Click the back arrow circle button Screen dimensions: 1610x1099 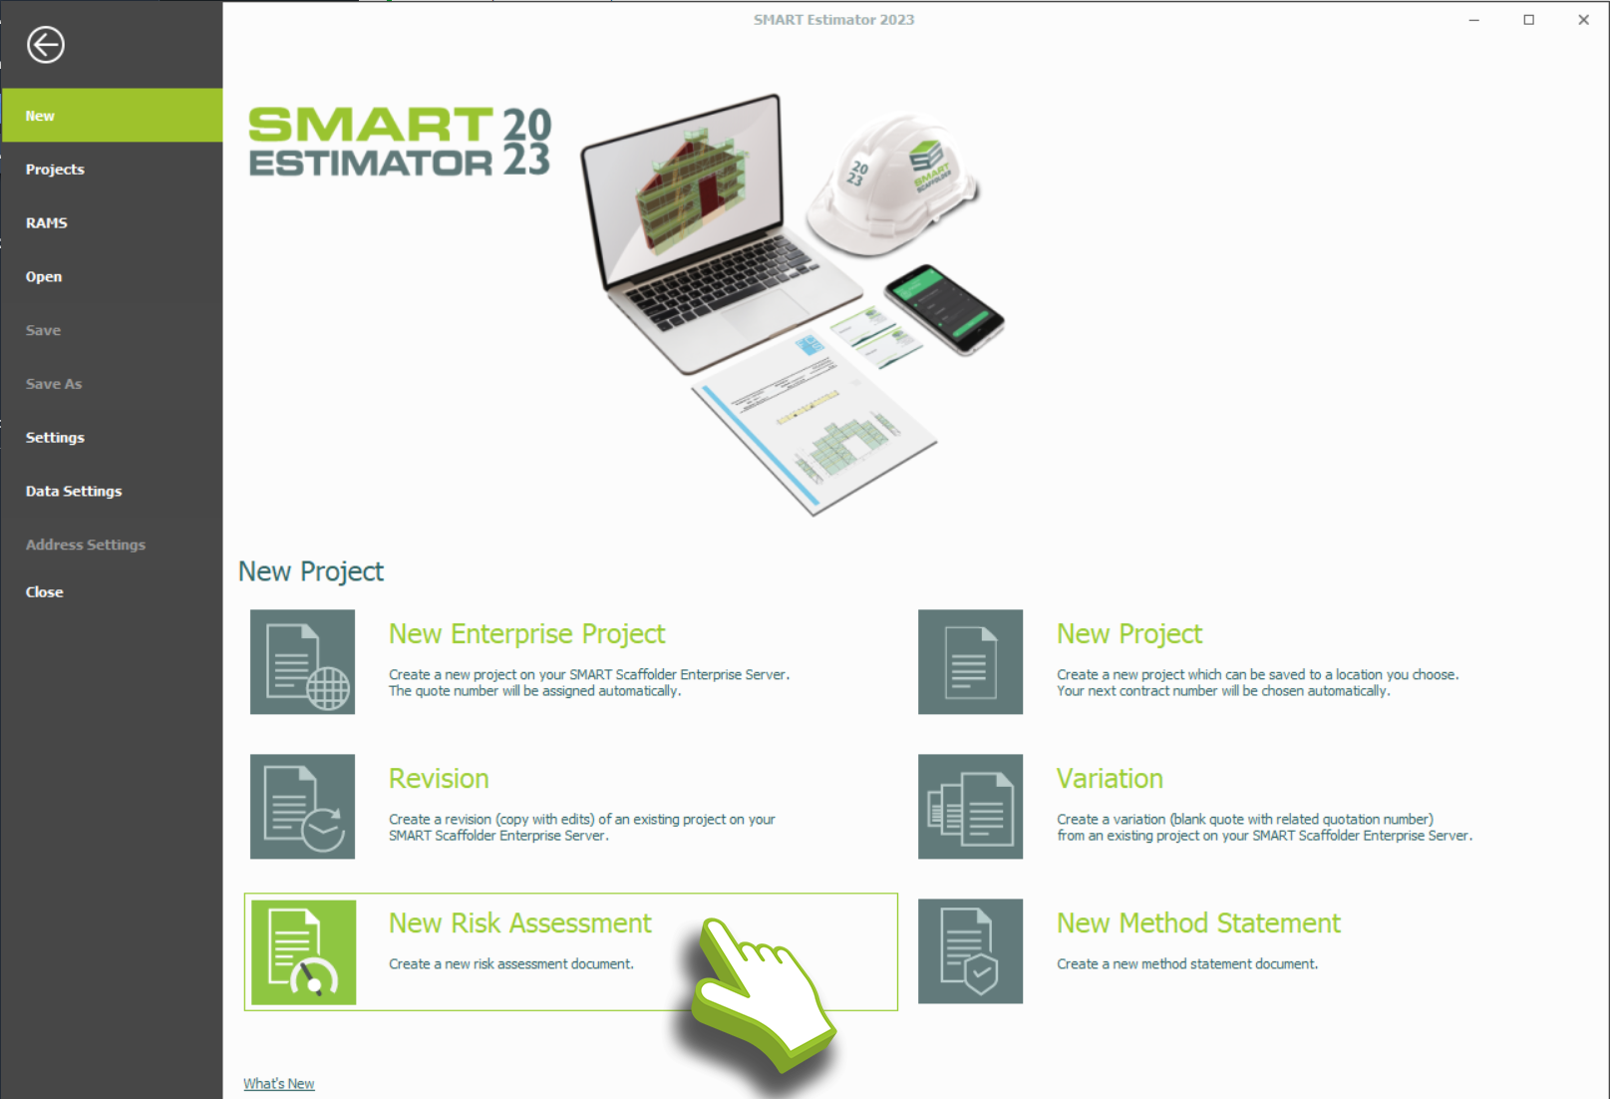(45, 45)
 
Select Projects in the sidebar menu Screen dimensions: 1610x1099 (56, 170)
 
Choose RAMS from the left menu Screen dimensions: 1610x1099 (47, 223)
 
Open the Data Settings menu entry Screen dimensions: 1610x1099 (74, 492)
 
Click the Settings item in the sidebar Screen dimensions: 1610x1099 (56, 437)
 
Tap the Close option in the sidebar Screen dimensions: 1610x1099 (45, 592)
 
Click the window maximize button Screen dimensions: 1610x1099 (1529, 20)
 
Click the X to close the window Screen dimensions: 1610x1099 (1583, 20)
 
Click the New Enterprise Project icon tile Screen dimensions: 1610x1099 (303, 662)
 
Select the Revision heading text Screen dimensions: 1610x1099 (439, 779)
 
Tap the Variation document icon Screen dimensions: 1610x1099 (970, 806)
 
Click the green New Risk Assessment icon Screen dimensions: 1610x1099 (303, 951)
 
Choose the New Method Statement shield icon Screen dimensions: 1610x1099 (970, 950)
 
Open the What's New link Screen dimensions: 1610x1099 (279, 1083)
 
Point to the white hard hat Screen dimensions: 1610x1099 (892, 184)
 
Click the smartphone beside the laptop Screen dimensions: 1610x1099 (944, 309)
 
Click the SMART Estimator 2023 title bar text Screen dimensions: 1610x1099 (833, 19)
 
